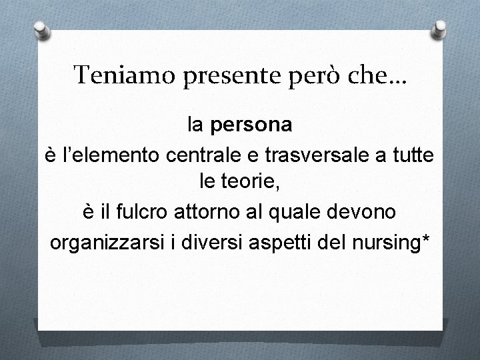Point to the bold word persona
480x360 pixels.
pos(249,125)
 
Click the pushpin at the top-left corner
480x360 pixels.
pos(41,31)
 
